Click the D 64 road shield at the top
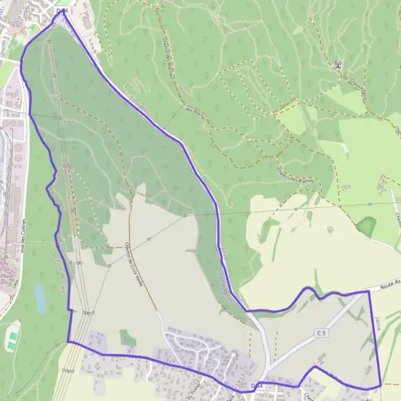click(62, 11)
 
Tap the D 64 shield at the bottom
click(257, 386)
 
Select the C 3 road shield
click(321, 332)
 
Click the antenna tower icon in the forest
click(338, 64)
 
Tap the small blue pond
click(40, 298)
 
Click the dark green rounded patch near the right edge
click(366, 227)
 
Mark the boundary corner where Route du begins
click(369, 291)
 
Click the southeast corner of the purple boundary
click(380, 385)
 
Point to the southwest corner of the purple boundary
click(68, 342)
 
